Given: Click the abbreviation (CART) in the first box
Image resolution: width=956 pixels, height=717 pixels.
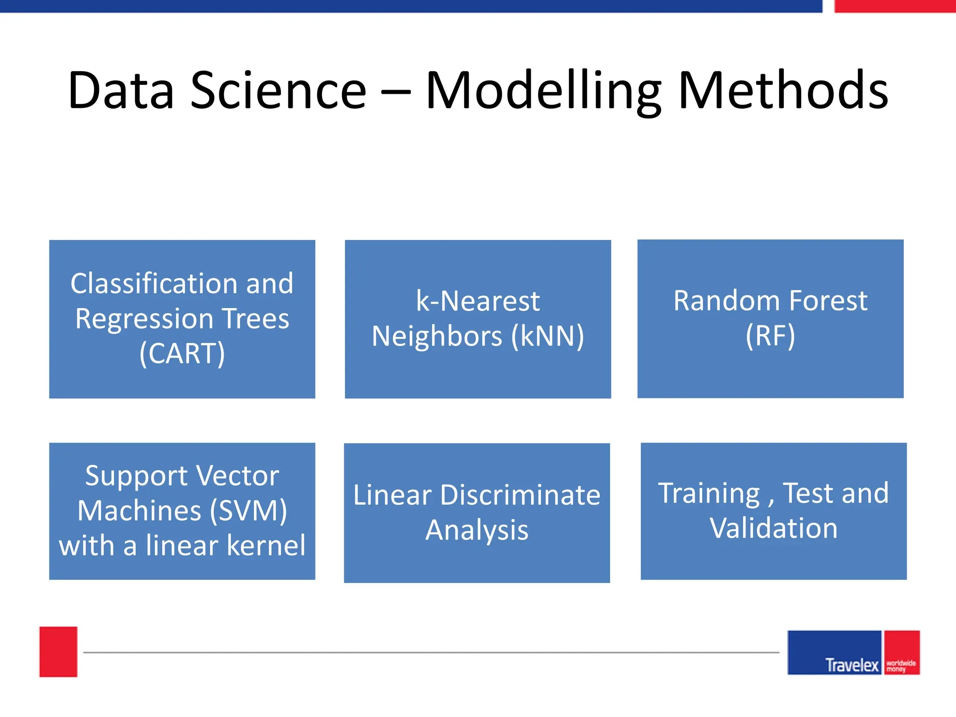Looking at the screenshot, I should [182, 353].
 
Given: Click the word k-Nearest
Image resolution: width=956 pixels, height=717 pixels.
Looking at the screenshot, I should [478, 301].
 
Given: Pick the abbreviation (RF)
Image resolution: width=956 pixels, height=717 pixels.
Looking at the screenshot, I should [770, 336].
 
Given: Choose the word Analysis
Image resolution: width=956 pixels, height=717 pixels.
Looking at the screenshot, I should [477, 530].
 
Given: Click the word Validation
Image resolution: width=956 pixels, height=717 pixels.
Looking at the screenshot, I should [773, 528].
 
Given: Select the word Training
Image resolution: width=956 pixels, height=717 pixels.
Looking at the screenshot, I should [709, 493].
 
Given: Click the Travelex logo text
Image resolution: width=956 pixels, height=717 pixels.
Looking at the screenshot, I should [851, 665].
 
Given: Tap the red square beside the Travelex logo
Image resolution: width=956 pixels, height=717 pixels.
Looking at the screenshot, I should [901, 652].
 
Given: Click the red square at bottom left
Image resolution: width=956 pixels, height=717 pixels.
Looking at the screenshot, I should [58, 652].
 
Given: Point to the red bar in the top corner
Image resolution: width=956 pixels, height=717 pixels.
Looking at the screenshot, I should [894, 6].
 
